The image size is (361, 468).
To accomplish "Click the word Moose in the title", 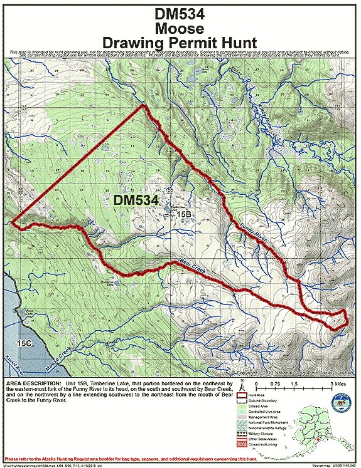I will (x=181, y=28).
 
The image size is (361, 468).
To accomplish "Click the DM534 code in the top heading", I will (x=181, y=12).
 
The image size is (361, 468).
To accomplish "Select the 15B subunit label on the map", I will (x=183, y=215).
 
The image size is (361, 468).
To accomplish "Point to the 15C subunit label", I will (x=24, y=344).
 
